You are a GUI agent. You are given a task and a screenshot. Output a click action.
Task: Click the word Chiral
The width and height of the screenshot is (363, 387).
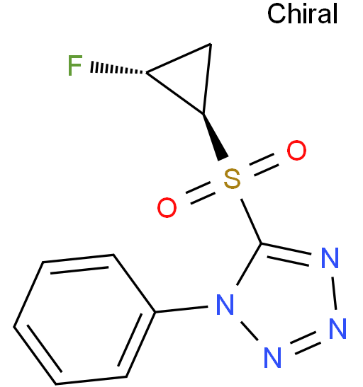303,13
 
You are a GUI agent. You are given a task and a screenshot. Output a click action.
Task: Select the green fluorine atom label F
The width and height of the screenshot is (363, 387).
75,65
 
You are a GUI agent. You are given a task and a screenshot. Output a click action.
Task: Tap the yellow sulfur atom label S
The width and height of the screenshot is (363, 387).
232,179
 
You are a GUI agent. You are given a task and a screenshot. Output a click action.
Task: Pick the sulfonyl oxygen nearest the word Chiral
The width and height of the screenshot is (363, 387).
296,150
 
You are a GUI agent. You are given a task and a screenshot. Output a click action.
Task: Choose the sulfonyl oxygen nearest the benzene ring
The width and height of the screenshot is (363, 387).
167,207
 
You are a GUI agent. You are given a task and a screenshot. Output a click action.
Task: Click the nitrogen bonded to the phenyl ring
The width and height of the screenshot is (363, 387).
225,304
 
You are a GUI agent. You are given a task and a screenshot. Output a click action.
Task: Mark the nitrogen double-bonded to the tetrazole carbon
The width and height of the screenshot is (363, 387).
330,258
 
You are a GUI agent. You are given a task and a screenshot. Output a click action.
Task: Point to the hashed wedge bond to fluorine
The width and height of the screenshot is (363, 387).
116,69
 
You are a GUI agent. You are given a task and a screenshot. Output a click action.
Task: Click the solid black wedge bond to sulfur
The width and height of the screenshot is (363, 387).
214,137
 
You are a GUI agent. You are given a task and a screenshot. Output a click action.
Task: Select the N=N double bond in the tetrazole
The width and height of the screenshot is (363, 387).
306,343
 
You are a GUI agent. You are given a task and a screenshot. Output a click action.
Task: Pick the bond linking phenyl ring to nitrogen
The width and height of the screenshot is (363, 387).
181,309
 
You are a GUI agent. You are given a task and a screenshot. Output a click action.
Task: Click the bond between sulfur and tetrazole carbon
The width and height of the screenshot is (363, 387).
251,221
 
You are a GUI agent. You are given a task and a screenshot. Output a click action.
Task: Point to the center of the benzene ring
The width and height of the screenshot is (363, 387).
84,319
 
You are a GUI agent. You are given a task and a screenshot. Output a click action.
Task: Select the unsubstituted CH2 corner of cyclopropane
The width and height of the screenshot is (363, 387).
211,44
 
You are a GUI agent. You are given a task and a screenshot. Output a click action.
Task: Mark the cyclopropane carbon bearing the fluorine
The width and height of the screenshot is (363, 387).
147,73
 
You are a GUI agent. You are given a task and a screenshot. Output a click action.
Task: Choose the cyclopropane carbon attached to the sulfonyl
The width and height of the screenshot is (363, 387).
203,113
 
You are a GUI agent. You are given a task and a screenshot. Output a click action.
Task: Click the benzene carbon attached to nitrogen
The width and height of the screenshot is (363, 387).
155,312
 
